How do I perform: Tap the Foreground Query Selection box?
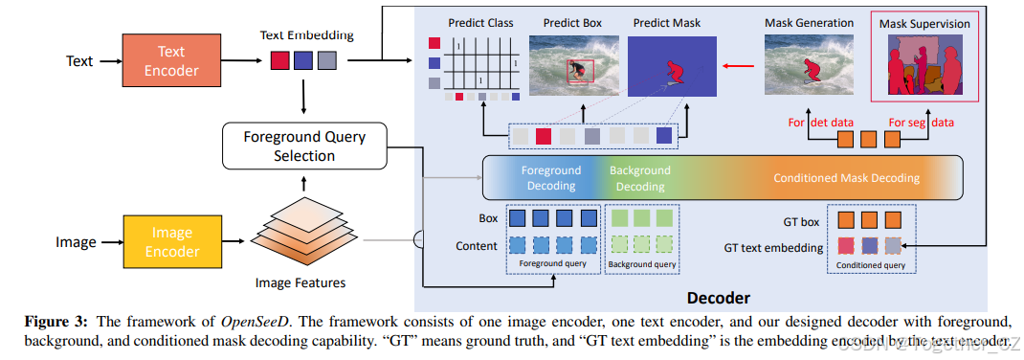point(303,146)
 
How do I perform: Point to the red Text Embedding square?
point(279,60)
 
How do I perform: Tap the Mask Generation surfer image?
point(809,64)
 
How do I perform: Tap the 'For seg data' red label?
point(921,122)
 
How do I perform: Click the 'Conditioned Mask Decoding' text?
point(846,178)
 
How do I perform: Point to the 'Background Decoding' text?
point(640,178)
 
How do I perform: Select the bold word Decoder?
point(718,297)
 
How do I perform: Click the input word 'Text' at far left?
point(79,60)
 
